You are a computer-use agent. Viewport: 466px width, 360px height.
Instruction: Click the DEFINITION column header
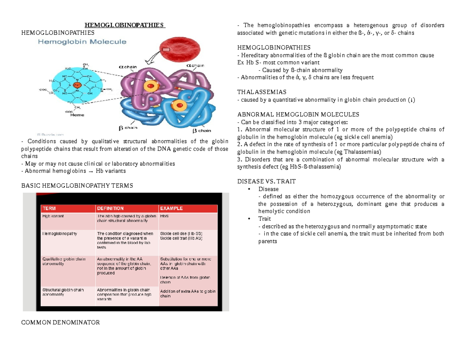pyautogui.click(x=110, y=208)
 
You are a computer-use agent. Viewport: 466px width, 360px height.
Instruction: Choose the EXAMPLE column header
pyautogui.click(x=171, y=208)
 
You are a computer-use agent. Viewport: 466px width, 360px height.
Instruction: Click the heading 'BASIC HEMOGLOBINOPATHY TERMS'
pyautogui.click(x=77, y=186)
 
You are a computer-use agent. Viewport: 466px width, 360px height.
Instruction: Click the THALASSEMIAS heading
pyautogui.click(x=261, y=92)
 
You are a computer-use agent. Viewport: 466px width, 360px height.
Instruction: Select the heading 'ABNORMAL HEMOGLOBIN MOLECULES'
pyautogui.click(x=298, y=115)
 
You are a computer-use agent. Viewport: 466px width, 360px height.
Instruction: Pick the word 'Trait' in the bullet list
pyautogui.click(x=264, y=219)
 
